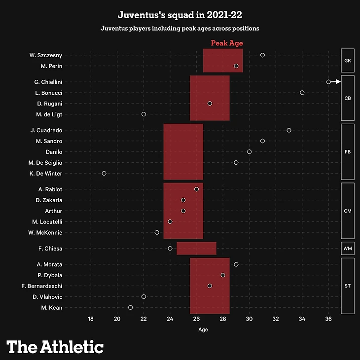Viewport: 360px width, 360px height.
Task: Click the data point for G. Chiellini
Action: (x=328, y=82)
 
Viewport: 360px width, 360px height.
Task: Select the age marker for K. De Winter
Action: (x=104, y=174)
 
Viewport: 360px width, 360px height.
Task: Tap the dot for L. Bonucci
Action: (x=302, y=93)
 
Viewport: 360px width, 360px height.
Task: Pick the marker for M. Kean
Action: (x=130, y=308)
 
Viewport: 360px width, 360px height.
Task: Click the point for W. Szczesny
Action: (x=262, y=55)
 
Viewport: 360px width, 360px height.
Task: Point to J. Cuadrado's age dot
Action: (x=289, y=130)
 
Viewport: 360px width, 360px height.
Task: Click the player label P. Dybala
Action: (x=63, y=275)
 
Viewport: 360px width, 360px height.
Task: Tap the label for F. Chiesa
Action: (x=63, y=249)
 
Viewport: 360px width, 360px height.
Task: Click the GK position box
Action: (x=347, y=61)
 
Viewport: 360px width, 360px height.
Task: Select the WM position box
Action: (x=347, y=249)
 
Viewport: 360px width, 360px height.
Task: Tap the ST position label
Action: (x=347, y=286)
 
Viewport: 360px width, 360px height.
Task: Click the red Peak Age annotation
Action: (x=227, y=43)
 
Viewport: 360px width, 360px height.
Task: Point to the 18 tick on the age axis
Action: (x=91, y=319)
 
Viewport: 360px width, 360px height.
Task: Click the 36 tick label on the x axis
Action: (x=328, y=319)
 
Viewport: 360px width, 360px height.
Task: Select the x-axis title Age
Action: (x=203, y=329)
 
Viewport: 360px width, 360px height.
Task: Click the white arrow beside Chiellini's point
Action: (x=335, y=82)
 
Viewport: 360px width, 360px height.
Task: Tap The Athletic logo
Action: (x=55, y=346)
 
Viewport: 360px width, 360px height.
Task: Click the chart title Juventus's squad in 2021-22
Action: (x=180, y=15)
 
